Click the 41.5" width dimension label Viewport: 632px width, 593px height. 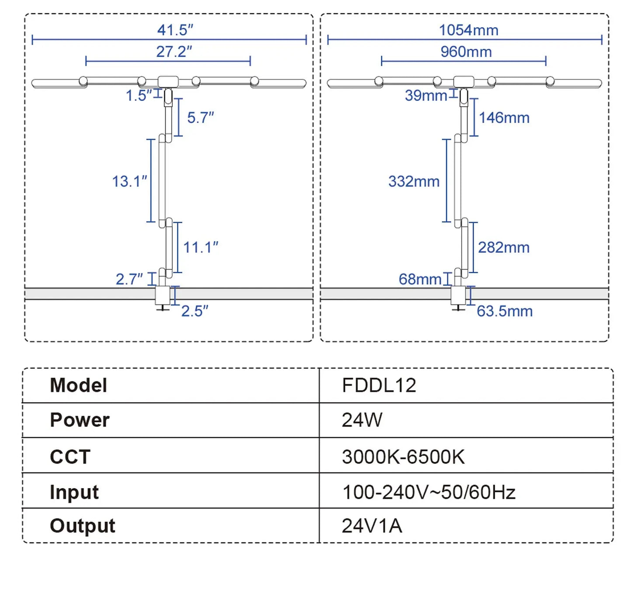coord(175,30)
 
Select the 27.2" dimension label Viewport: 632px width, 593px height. coord(174,52)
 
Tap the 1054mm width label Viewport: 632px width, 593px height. coord(468,30)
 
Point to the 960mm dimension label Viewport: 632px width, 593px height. coord(466,52)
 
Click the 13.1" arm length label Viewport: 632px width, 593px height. coord(129,181)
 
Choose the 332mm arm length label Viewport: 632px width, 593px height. coord(414,181)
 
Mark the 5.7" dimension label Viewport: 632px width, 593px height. coord(200,118)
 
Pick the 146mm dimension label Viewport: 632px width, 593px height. coord(504,118)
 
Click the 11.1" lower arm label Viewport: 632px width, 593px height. coord(200,247)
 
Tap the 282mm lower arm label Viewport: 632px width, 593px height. coord(503,247)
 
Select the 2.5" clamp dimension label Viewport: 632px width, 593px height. coord(195,311)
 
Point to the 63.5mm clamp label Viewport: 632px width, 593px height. coord(504,311)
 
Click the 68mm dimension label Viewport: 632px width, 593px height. coord(420,279)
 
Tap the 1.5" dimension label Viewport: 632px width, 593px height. coord(139,95)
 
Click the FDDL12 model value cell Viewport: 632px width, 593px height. coord(379,385)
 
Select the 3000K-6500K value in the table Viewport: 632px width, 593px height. coord(403,457)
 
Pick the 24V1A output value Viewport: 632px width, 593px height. coord(372,526)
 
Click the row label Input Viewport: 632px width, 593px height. coord(74,492)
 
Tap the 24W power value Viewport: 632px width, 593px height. coord(362,420)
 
